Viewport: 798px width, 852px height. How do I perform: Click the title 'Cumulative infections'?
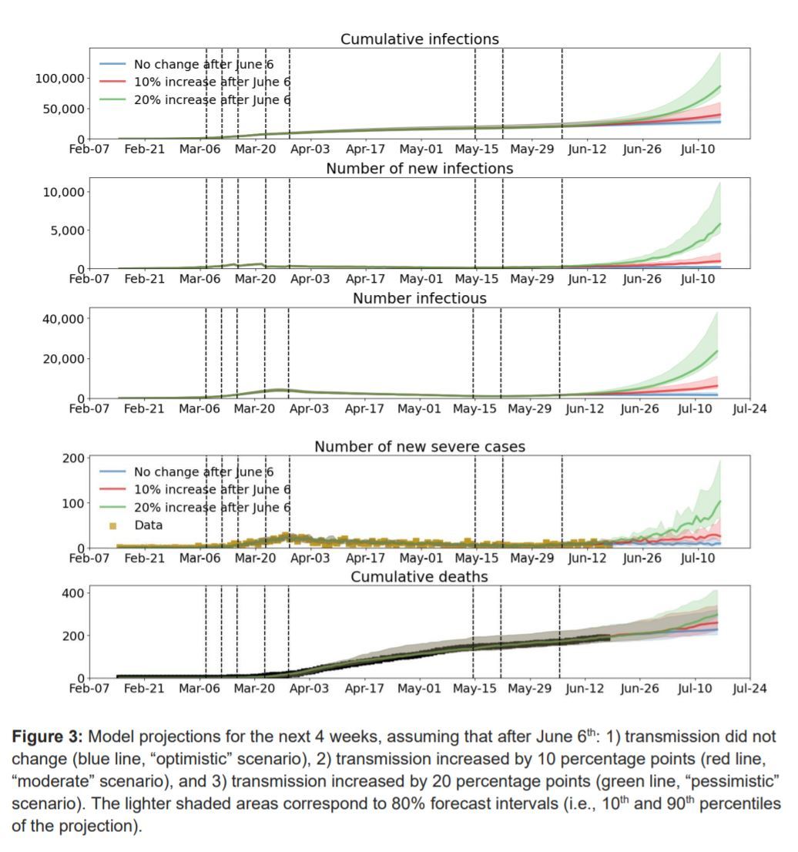pos(419,39)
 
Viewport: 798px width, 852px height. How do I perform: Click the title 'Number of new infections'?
pos(419,168)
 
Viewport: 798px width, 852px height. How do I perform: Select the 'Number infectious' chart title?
pos(419,298)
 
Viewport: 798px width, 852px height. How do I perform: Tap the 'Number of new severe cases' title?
pos(419,447)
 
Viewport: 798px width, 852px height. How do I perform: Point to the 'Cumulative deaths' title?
pos(419,576)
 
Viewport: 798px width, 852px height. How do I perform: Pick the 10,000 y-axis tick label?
pos(64,192)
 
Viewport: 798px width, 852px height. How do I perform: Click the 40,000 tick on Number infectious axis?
pos(64,318)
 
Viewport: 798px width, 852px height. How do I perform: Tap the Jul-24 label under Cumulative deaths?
pos(749,689)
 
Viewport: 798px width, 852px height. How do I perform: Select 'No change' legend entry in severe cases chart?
pos(203,472)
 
